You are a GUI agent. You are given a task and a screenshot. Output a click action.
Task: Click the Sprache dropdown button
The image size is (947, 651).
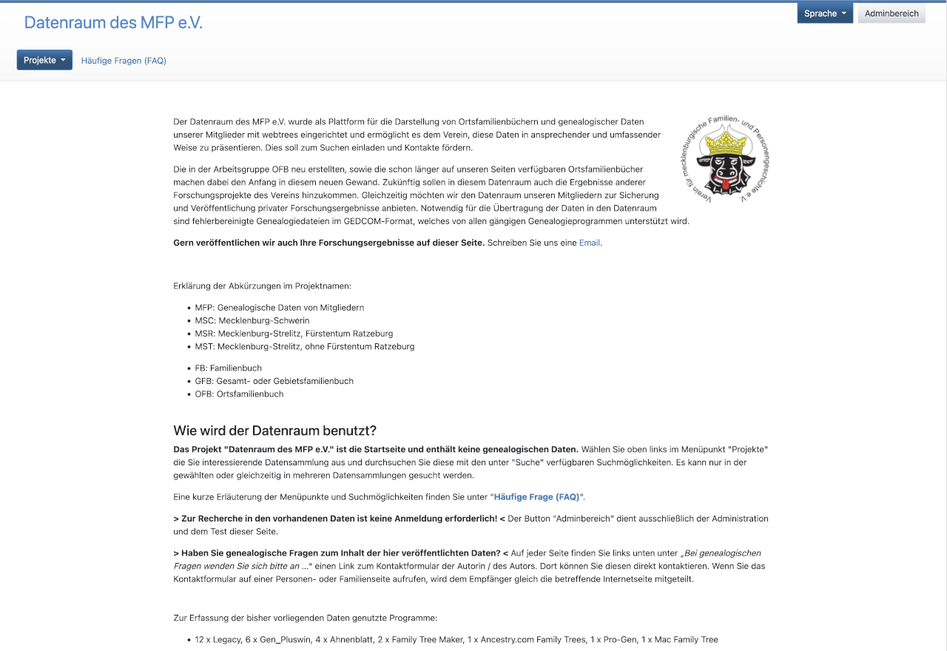[x=824, y=13]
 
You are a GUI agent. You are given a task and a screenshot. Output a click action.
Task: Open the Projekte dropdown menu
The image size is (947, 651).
[x=44, y=60]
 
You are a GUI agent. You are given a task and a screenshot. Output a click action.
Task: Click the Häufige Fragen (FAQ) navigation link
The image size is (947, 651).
[x=124, y=61]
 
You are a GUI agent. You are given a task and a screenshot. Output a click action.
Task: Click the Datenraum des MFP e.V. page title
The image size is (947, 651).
[x=113, y=22]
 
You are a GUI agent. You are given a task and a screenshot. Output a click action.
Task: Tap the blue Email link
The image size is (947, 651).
[x=589, y=243]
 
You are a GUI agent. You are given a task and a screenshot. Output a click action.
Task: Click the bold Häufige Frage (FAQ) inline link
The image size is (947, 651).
[x=536, y=496]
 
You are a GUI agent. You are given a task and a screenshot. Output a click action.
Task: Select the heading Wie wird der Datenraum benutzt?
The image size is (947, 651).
[x=274, y=431]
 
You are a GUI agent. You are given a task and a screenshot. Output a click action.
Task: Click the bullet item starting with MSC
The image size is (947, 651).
[x=252, y=320]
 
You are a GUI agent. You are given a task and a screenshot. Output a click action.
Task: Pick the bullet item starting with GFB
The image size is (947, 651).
[x=274, y=381]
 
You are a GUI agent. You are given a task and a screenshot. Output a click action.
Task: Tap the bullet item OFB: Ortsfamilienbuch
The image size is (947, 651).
[x=239, y=394]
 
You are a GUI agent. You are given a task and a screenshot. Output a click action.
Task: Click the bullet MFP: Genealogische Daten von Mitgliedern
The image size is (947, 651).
[x=279, y=307]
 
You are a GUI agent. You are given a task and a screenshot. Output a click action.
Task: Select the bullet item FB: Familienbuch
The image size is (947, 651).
[x=228, y=368]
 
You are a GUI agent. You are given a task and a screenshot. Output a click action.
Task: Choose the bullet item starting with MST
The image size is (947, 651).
[x=304, y=346]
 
